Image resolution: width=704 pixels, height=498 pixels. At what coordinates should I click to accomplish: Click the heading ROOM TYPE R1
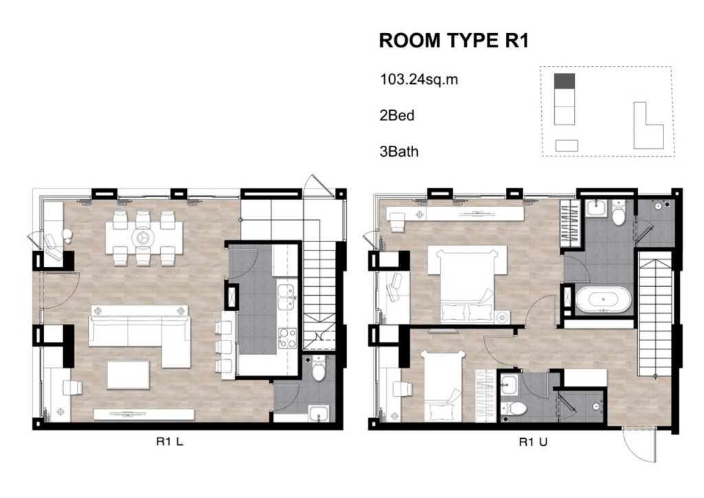point(454,41)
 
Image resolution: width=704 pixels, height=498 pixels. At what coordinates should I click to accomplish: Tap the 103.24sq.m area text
point(419,80)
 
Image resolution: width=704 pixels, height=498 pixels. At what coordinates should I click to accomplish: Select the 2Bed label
point(397,116)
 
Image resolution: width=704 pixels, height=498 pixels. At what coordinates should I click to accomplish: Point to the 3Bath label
point(399,152)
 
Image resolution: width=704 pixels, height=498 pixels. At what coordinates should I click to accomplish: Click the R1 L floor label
point(169,442)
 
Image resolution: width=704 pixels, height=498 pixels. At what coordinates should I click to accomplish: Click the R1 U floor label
point(533,442)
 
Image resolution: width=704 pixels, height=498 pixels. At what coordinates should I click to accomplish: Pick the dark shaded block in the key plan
point(564,81)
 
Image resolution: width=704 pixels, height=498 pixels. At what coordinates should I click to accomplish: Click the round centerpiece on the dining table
point(144,237)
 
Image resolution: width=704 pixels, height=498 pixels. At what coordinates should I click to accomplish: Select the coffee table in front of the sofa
point(128,374)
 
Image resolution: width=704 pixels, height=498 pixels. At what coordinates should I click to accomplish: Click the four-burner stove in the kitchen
point(287,338)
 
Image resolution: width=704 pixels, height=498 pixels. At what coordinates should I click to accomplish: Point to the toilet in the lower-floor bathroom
point(319,369)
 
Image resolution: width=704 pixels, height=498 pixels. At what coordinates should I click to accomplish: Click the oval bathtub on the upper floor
point(604,299)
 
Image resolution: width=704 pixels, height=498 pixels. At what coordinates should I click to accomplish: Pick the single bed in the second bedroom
point(442,386)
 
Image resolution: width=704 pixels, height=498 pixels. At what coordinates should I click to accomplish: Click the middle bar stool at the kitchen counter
point(223,347)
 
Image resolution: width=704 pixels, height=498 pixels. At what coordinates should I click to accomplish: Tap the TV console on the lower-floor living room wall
point(144,414)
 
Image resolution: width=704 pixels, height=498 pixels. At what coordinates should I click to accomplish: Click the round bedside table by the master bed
point(502,318)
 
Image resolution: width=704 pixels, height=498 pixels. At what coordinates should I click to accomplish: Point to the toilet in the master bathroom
point(619,213)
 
